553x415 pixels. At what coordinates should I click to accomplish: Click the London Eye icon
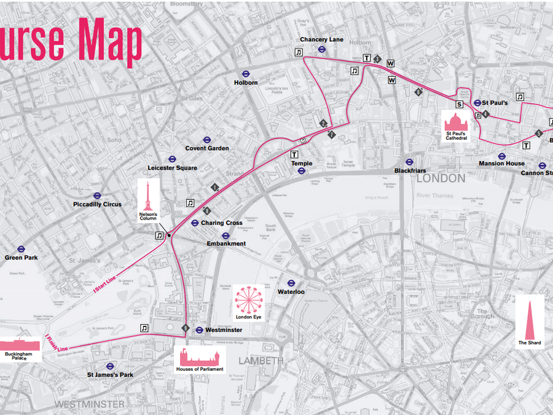(249, 300)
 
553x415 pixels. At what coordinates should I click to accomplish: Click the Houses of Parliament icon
(200, 357)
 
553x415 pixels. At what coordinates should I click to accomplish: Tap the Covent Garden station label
(207, 148)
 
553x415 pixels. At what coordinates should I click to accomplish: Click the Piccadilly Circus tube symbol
(97, 195)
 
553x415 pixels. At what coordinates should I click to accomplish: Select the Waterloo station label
(291, 291)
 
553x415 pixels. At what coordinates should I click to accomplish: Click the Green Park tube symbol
(21, 249)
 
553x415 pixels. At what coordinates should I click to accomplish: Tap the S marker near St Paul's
(459, 105)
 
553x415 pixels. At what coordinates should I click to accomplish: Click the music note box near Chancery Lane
(299, 52)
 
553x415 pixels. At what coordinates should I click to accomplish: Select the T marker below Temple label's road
(294, 154)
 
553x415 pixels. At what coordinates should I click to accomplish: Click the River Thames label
(436, 196)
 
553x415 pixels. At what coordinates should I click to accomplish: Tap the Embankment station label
(226, 243)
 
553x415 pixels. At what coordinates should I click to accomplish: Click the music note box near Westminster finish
(144, 328)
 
